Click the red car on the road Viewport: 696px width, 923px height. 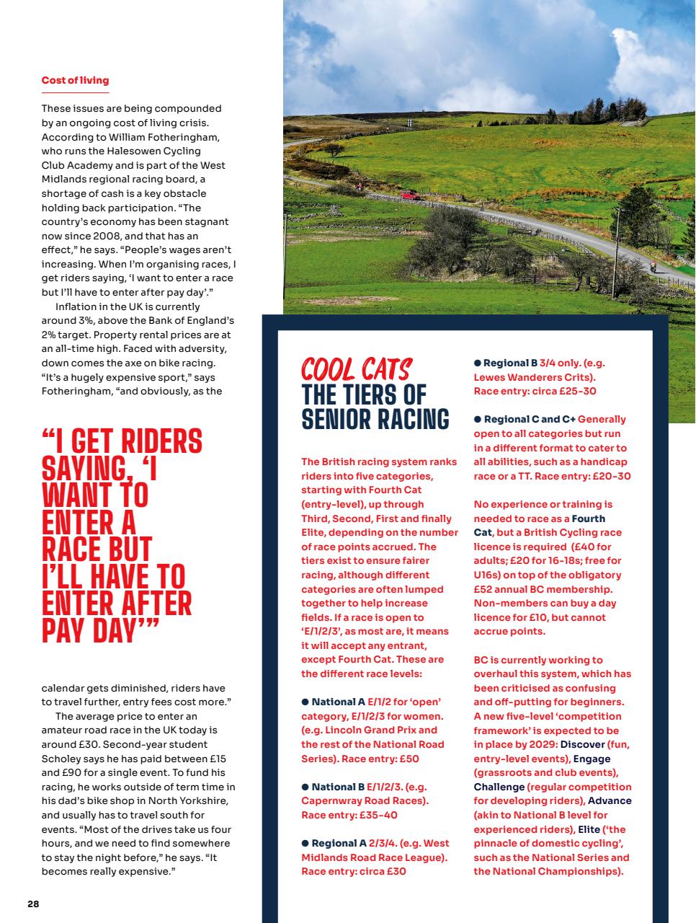(409, 194)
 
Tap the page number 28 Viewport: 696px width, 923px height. (33, 904)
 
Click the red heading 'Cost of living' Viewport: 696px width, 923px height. (75, 80)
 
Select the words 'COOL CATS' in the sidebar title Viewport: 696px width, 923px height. (356, 369)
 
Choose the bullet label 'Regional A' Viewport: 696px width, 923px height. (339, 842)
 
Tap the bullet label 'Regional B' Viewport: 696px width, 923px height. (510, 363)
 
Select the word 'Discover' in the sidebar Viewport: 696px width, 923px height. (582, 743)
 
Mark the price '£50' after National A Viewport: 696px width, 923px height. (408, 758)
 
